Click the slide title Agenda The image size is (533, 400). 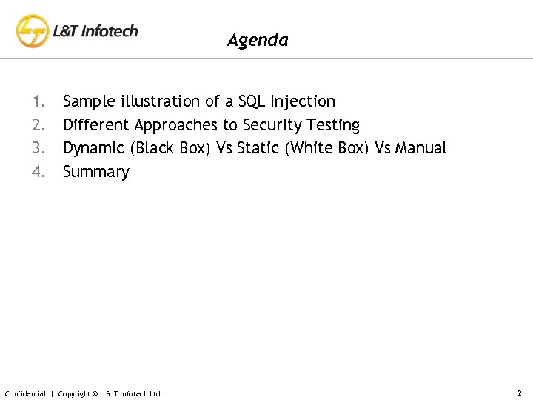coord(258,40)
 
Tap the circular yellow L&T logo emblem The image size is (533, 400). coord(33,32)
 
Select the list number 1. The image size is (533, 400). coord(38,101)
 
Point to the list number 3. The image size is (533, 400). coord(38,148)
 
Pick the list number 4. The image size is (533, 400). coord(38,172)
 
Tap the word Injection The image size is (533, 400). coord(304,101)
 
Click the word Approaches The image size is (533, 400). coord(176,125)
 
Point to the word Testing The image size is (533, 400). coord(332,125)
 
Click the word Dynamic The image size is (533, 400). coord(94,149)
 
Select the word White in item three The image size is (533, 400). coord(310,148)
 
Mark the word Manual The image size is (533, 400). coord(421,148)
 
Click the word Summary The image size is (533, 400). coord(96,173)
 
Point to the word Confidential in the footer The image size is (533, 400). coord(25,393)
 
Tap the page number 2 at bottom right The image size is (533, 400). coord(520,393)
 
